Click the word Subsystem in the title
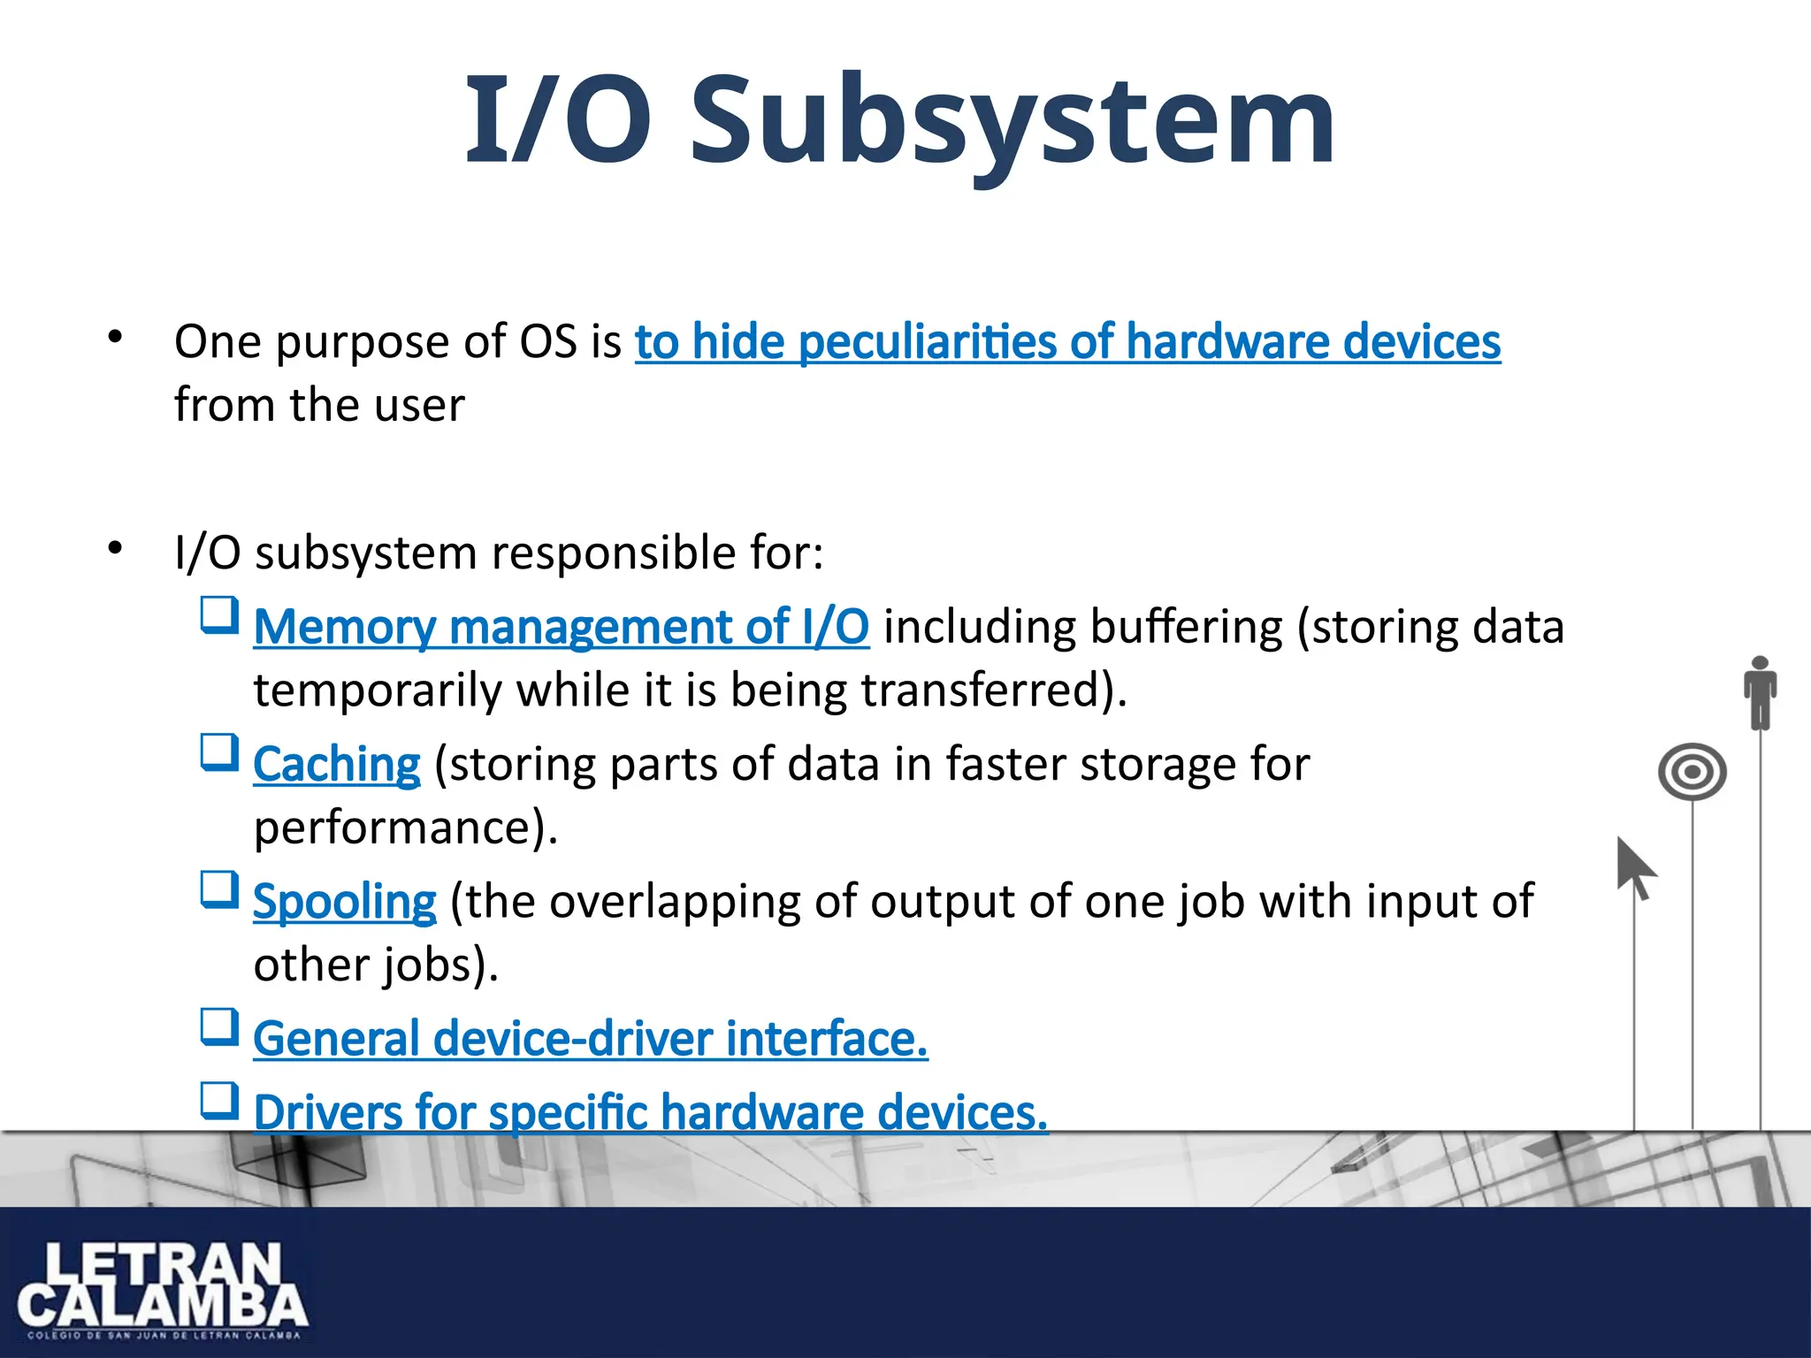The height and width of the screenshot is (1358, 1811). tap(1012, 120)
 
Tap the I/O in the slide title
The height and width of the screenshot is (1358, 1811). tap(559, 120)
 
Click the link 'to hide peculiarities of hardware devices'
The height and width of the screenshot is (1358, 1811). tap(1067, 343)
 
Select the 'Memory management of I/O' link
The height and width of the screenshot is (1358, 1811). tap(561, 628)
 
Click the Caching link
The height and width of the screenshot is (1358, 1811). tap(336, 765)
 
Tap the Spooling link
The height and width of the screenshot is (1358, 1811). tap(344, 903)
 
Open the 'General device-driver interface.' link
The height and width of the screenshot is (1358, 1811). tap(590, 1040)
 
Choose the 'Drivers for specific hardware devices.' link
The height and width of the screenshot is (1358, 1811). tap(650, 1113)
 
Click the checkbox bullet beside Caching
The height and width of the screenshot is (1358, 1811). tap(219, 752)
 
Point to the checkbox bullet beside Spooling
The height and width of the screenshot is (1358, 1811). tap(219, 889)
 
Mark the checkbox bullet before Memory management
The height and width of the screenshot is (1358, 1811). tap(219, 614)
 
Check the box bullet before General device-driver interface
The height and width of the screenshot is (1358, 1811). tap(219, 1027)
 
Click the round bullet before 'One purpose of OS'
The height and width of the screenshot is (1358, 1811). tap(115, 337)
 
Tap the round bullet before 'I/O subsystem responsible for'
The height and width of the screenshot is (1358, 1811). tap(115, 549)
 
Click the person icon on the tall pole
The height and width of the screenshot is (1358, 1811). tap(1760, 692)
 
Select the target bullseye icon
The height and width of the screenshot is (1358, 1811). tap(1692, 772)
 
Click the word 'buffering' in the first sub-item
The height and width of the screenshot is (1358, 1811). tap(1186, 628)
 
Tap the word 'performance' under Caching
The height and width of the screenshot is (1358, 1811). tap(394, 828)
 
